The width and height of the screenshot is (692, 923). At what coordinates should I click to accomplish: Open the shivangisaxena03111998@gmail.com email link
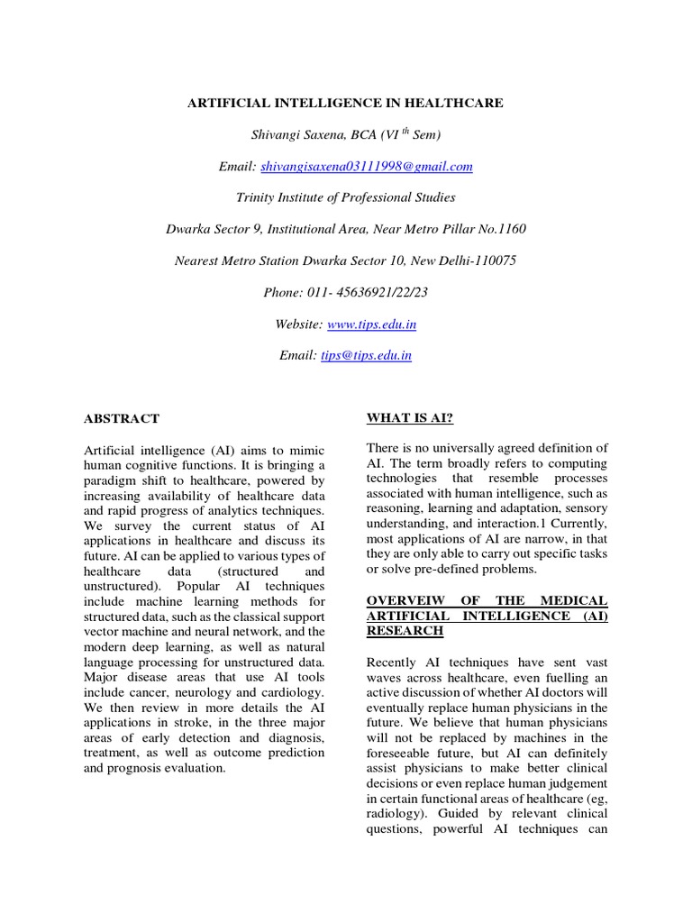(x=366, y=167)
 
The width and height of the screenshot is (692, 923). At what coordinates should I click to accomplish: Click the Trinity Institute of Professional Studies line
(x=345, y=197)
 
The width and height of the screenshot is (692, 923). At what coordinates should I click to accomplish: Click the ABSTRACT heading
(x=121, y=418)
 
